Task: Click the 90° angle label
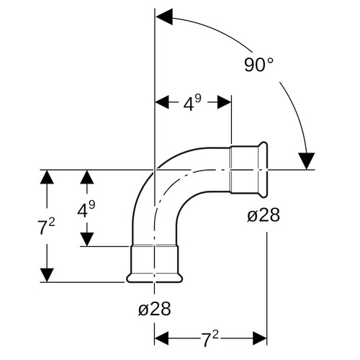[258, 65]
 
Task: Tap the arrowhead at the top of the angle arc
[164, 17]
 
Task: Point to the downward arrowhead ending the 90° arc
[307, 161]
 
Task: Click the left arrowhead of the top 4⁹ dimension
[162, 102]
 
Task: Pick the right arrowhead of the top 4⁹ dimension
[224, 102]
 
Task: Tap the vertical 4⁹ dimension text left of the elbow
[86, 209]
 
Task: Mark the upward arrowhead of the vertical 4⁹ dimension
[87, 177]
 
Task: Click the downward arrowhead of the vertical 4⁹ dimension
[87, 239]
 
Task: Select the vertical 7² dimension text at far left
[47, 227]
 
